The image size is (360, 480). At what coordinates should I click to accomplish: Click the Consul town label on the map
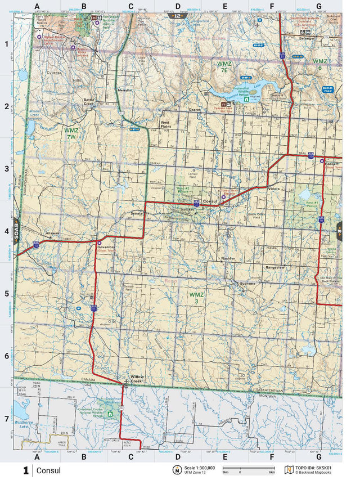coord(210,201)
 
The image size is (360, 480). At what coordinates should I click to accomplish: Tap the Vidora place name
coord(274,189)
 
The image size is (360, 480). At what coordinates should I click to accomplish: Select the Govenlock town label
coord(106,246)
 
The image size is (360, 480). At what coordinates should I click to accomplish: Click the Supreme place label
coord(247,284)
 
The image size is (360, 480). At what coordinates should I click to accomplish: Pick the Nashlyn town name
coord(228,258)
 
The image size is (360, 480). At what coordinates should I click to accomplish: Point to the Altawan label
coord(52,234)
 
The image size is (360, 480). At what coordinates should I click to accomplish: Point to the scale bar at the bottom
coord(247,468)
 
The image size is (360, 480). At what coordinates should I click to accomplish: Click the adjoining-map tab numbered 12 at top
coord(178,16)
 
